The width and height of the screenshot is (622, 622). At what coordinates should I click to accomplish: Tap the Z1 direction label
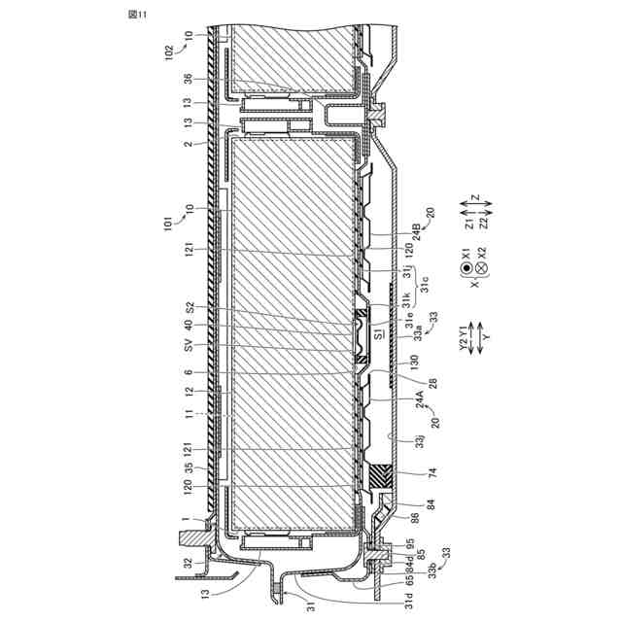pos(468,223)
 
